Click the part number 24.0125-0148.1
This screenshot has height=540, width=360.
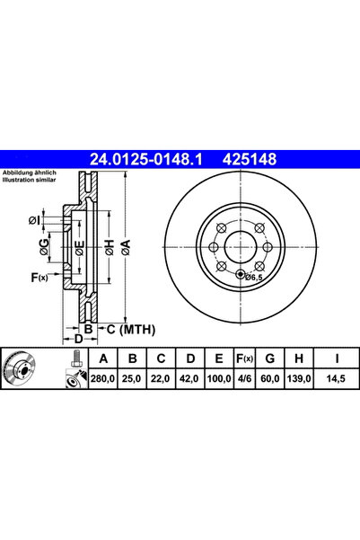(146, 159)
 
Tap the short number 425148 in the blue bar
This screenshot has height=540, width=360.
(250, 159)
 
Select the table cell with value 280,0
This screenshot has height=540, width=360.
(102, 379)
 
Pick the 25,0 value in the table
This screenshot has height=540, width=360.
(131, 379)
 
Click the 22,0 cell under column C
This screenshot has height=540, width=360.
(161, 379)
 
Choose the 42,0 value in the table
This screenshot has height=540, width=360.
(189, 379)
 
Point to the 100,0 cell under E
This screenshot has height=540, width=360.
(219, 379)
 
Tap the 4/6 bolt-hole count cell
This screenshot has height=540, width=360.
(244, 379)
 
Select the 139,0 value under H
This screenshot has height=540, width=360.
(298, 379)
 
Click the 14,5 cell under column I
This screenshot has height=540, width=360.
(336, 379)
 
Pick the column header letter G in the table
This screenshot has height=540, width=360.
(270, 359)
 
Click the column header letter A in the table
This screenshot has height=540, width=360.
(103, 359)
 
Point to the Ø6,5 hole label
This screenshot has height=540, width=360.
(254, 277)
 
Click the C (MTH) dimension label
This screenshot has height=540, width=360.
(131, 330)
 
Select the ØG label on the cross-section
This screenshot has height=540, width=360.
(44, 247)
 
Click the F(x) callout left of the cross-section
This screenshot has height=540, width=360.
(40, 278)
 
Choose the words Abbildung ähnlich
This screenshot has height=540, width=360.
(30, 173)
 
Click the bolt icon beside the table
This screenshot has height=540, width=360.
(76, 359)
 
